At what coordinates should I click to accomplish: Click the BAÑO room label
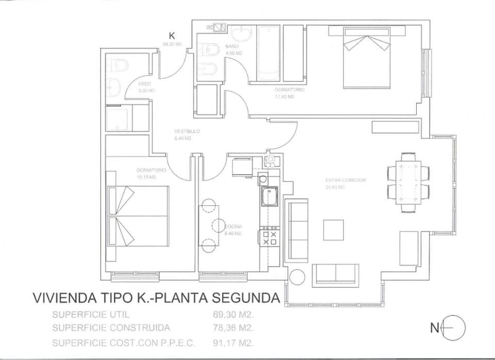[231, 47]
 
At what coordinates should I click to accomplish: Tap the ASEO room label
[145, 84]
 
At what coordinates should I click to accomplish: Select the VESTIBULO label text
[187, 132]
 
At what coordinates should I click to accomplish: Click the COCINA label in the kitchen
[234, 226]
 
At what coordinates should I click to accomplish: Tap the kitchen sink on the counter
[268, 197]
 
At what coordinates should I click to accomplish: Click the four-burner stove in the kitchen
[269, 237]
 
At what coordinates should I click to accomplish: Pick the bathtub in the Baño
[268, 54]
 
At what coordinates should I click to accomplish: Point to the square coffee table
[333, 230]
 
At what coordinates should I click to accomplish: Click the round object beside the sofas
[297, 276]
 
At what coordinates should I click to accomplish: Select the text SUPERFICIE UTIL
[90, 314]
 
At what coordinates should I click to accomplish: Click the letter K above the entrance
[172, 36]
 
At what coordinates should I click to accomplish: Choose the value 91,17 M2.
[234, 342]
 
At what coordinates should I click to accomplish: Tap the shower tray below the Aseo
[119, 119]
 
